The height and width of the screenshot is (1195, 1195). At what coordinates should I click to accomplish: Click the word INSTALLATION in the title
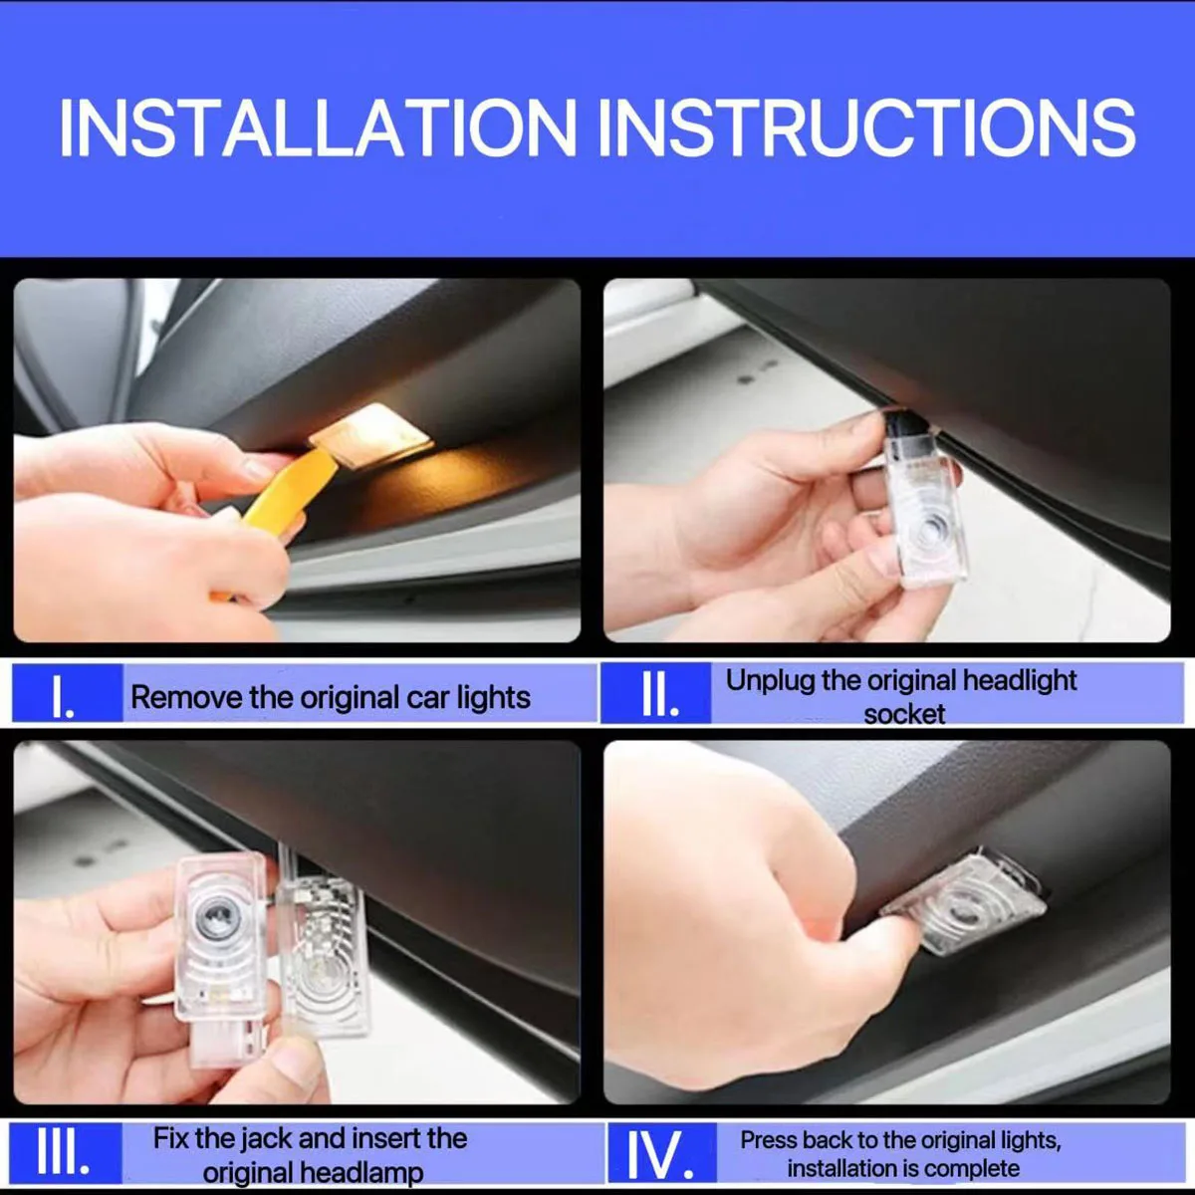(x=318, y=129)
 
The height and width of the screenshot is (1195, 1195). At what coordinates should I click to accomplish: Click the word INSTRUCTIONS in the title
(x=866, y=129)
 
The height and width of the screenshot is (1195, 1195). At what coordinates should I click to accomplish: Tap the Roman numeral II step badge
(x=656, y=693)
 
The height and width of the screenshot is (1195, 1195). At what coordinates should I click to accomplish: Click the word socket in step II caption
(x=904, y=714)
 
